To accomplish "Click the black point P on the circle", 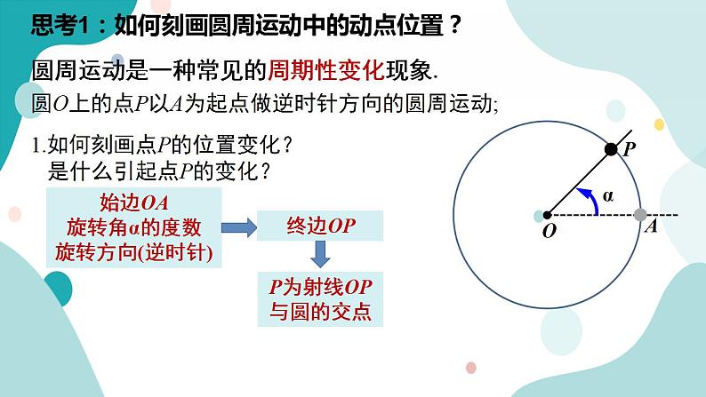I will (611, 149).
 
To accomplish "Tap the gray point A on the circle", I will (640, 214).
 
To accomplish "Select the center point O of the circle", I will (546, 214).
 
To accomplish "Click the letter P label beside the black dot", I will (628, 150).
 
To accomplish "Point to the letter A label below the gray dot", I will (650, 227).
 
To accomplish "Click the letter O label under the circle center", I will (548, 231).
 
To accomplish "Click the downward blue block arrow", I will (320, 256).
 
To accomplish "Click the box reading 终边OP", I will (320, 226).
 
